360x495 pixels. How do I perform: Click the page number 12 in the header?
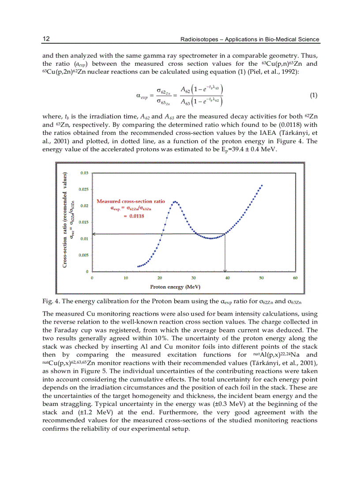(x=45, y=39)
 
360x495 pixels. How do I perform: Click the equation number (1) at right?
(x=314, y=95)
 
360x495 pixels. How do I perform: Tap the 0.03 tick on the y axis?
(x=84, y=173)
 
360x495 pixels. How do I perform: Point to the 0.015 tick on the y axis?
(x=83, y=222)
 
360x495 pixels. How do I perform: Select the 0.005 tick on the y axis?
(x=83, y=255)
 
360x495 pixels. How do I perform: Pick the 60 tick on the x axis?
(x=295, y=278)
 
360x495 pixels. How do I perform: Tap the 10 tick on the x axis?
(x=126, y=278)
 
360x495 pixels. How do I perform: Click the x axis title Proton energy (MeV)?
(x=175, y=287)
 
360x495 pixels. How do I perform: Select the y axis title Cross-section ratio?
(x=65, y=220)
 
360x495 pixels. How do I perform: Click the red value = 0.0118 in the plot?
(x=133, y=216)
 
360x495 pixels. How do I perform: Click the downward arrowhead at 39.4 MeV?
(x=225, y=270)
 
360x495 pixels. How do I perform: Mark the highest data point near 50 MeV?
(x=262, y=186)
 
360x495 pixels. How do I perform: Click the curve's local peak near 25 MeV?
(x=175, y=202)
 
